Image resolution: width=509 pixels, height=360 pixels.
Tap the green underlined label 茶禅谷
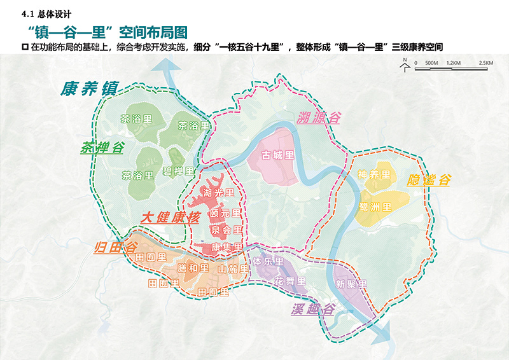tap(101, 148)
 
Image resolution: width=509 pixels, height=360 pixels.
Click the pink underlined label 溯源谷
tap(319, 117)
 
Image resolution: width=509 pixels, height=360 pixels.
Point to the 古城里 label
tap(278, 155)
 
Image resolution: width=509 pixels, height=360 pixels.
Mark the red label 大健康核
tap(170, 218)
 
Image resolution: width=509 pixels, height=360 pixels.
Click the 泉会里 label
tap(226, 230)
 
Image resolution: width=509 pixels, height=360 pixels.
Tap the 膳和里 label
tap(193, 268)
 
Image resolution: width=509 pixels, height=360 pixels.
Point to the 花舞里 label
tap(290, 280)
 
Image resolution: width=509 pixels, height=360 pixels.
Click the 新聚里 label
tap(351, 284)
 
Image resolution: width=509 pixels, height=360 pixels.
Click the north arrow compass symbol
tap(404, 65)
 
